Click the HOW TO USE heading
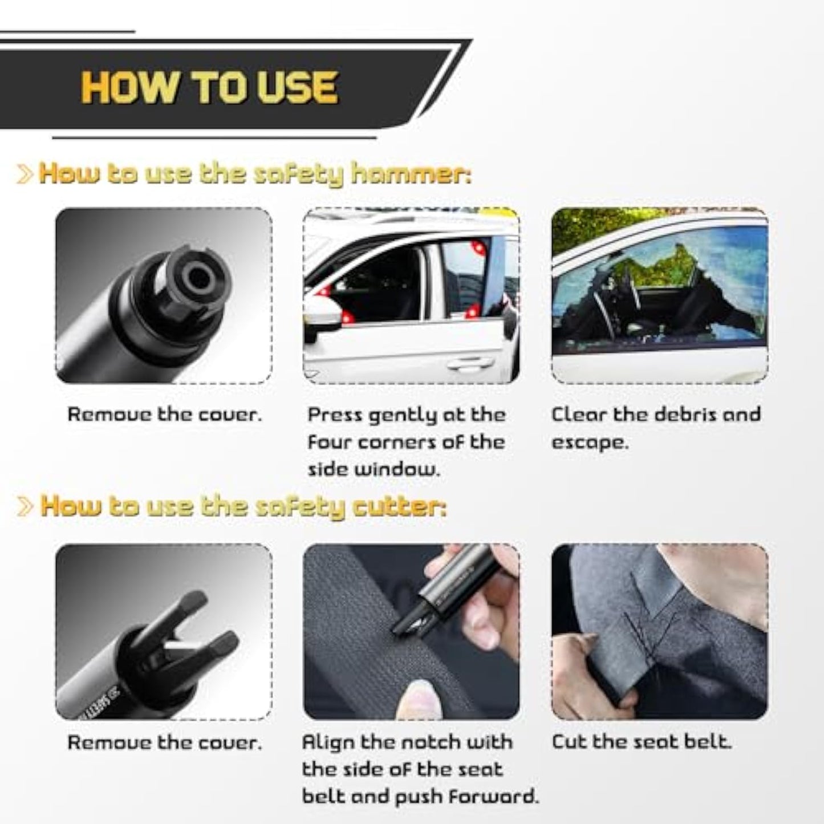pyautogui.click(x=209, y=87)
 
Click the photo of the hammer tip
pyautogui.click(x=164, y=295)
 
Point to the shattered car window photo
pyautogui.click(x=659, y=295)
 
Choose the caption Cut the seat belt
pyautogui.click(x=641, y=742)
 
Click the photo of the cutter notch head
pyautogui.click(x=164, y=631)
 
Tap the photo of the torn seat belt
pyautogui.click(x=659, y=631)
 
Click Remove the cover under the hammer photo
pyautogui.click(x=164, y=415)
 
